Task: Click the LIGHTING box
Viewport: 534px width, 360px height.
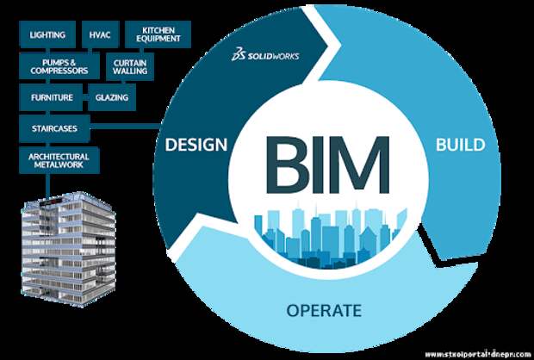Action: coord(47,34)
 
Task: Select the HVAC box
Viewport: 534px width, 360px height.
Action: coord(100,34)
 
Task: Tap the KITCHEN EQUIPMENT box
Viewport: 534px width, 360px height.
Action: coord(158,34)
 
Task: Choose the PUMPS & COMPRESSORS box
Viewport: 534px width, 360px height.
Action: coord(59,66)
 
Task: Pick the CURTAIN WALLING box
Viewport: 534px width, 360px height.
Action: coord(130,67)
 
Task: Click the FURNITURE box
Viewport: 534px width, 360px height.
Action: coord(51,97)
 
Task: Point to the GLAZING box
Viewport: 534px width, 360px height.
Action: coord(112,97)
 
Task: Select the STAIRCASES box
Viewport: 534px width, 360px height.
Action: coord(54,128)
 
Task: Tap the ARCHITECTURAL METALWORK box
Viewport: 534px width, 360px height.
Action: coord(59,160)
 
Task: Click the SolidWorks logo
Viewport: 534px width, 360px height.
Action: coord(265,55)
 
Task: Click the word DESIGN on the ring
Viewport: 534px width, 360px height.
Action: coord(196,145)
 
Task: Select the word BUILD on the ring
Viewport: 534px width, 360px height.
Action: coord(461,145)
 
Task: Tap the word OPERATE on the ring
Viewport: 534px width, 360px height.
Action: coord(324,310)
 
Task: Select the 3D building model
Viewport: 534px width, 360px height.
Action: coord(68,249)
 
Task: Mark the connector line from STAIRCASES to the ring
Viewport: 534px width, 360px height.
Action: coord(126,127)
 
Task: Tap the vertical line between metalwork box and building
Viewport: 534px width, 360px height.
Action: coord(48,186)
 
